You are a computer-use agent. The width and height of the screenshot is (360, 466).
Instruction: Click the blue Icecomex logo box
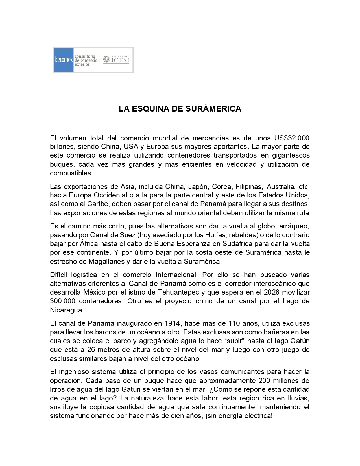point(64,60)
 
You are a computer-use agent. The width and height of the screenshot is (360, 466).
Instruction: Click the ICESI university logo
point(116,60)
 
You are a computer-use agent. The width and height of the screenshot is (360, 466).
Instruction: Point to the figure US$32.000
point(292,138)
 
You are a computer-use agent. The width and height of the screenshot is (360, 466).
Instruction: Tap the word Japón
point(198,187)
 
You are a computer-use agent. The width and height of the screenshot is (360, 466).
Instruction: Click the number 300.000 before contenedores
point(63,301)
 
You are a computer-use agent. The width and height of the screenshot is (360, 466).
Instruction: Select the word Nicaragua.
point(66,310)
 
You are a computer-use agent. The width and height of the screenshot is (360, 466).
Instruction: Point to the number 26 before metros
point(91,350)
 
